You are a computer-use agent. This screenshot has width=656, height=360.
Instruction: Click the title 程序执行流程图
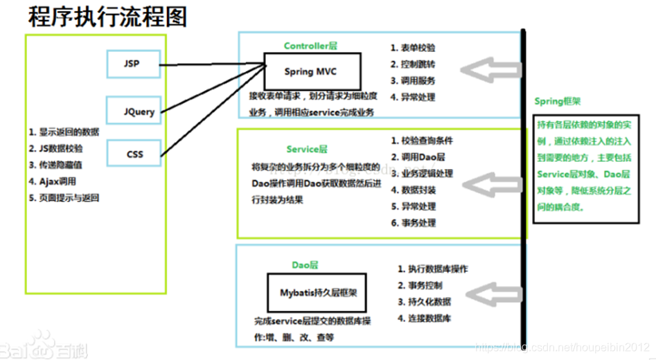tap(107, 17)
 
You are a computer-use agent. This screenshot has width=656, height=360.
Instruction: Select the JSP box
tap(133, 64)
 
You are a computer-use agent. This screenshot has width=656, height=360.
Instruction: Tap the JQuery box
tap(133, 111)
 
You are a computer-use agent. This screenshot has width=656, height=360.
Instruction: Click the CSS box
tap(133, 154)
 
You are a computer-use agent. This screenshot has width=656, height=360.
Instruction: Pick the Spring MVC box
tap(310, 71)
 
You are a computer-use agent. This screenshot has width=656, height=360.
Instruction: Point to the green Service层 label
tap(307, 149)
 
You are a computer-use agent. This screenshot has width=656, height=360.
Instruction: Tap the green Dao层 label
tap(305, 264)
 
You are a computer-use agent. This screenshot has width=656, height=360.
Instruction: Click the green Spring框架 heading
tap(558, 102)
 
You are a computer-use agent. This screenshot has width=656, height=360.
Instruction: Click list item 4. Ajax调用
tap(53, 181)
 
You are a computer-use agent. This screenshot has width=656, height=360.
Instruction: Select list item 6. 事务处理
tap(414, 222)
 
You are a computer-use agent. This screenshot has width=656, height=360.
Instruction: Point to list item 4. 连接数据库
tap(424, 318)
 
